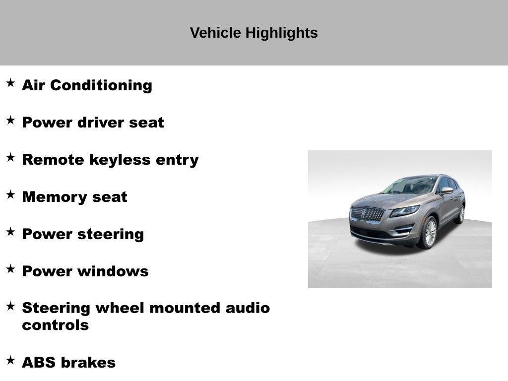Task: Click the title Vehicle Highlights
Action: coord(254,33)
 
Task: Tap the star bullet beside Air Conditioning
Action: coord(10,83)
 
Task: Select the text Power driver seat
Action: coord(93,123)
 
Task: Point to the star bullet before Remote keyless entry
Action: coord(10,157)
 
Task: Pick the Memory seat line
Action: coord(74,197)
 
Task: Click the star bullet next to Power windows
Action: coord(10,269)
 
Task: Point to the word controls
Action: coord(55,325)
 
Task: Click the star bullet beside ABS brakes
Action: coord(10,360)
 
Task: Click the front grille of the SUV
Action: coord(367,214)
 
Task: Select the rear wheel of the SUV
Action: coord(461,214)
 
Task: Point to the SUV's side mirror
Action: coord(446,190)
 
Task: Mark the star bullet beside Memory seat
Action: coord(10,194)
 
